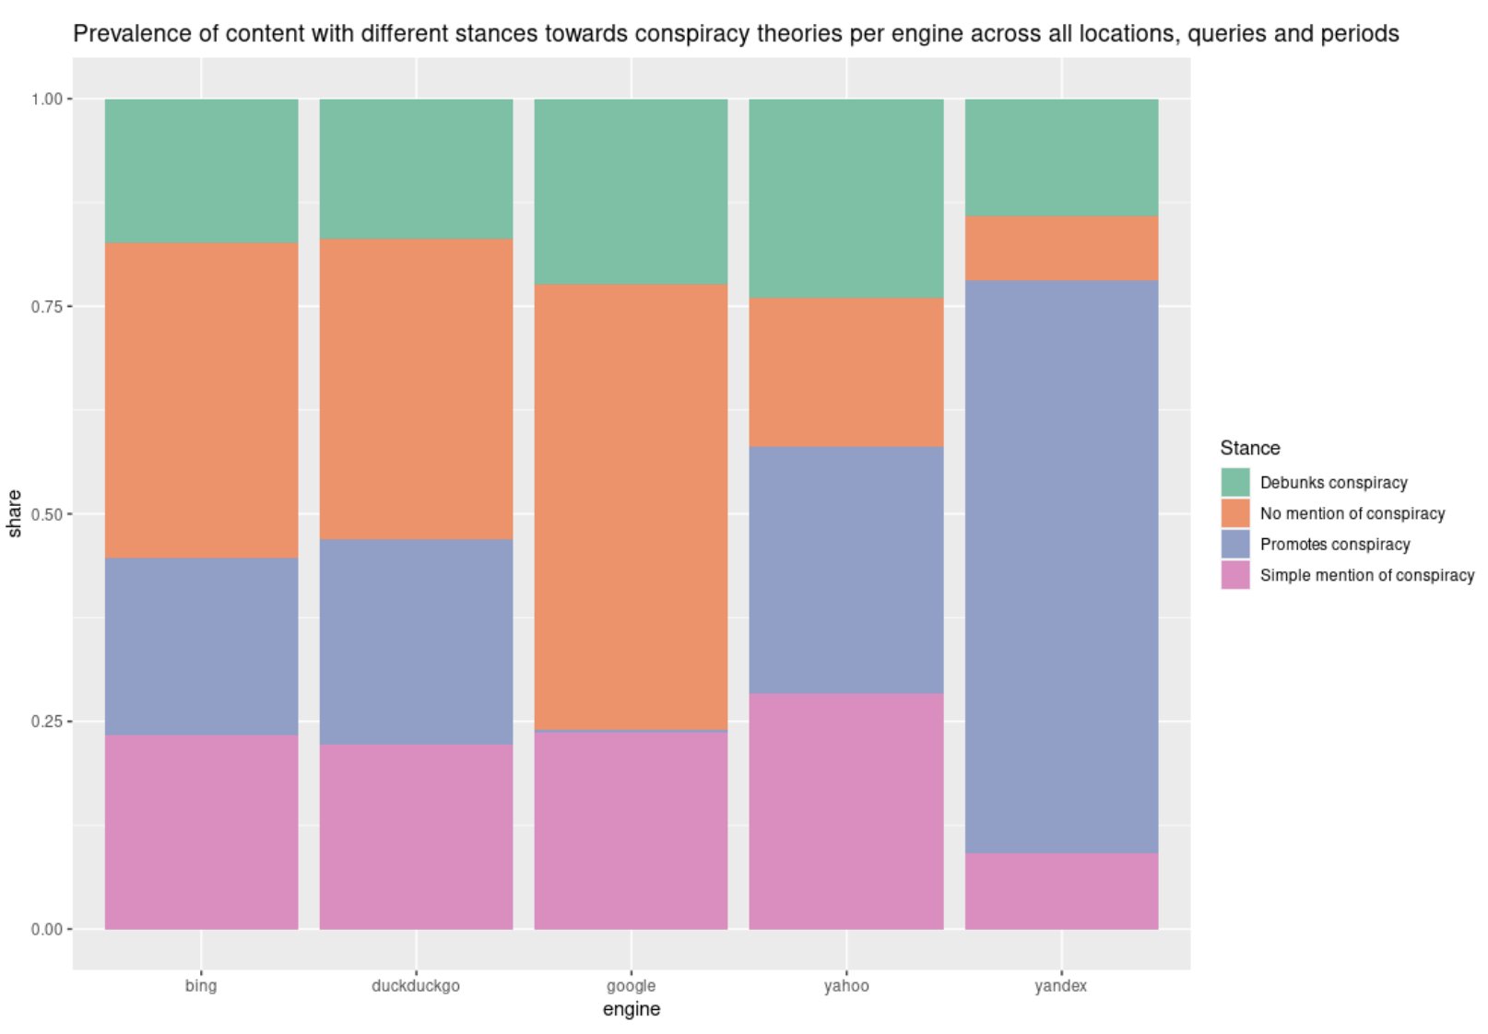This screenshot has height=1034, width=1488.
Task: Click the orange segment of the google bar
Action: coord(631,507)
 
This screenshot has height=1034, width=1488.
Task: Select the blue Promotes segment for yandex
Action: coord(1061,567)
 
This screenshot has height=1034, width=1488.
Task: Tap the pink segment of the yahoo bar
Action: coord(845,811)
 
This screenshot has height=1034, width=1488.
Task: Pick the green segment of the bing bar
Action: coord(201,170)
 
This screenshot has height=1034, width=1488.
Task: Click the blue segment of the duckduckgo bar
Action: coord(416,641)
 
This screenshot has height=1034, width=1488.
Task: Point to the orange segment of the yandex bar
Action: coord(1061,248)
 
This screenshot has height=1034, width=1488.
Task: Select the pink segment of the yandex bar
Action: coord(1061,890)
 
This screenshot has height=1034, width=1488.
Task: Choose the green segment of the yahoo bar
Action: coord(845,198)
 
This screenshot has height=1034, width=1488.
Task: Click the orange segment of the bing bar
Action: coord(201,400)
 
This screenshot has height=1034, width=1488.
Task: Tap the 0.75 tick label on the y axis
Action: coord(46,307)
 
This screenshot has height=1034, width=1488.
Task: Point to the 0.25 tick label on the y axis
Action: coord(46,722)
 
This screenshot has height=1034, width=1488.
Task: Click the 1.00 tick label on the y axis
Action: coord(46,99)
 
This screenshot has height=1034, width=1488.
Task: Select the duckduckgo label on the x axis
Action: coord(416,985)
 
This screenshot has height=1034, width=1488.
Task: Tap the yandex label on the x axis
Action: coord(1061,985)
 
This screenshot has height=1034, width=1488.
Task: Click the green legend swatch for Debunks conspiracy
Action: coord(1234,482)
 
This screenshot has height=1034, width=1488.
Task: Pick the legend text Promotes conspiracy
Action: coord(1334,544)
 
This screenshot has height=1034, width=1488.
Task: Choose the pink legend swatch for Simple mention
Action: coord(1234,575)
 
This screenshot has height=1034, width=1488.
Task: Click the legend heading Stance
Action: coord(1249,448)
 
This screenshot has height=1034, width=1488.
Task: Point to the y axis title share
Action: coord(15,513)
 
